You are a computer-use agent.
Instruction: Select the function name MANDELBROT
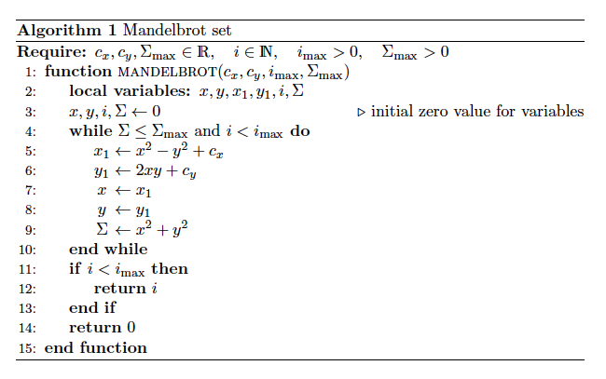click(164, 72)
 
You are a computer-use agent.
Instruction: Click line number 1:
click(30, 72)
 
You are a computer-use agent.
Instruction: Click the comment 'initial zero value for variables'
click(477, 112)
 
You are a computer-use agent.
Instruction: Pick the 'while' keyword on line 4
click(90, 131)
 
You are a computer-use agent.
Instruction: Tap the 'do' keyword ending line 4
click(300, 131)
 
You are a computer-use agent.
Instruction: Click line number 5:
click(30, 151)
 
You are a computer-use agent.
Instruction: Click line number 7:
click(30, 190)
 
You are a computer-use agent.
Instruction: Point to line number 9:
click(30, 229)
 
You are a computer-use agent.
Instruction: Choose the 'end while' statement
click(108, 249)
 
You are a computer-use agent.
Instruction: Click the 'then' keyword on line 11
click(170, 269)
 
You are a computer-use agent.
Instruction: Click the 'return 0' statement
click(103, 328)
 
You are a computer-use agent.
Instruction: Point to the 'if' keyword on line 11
click(75, 269)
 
